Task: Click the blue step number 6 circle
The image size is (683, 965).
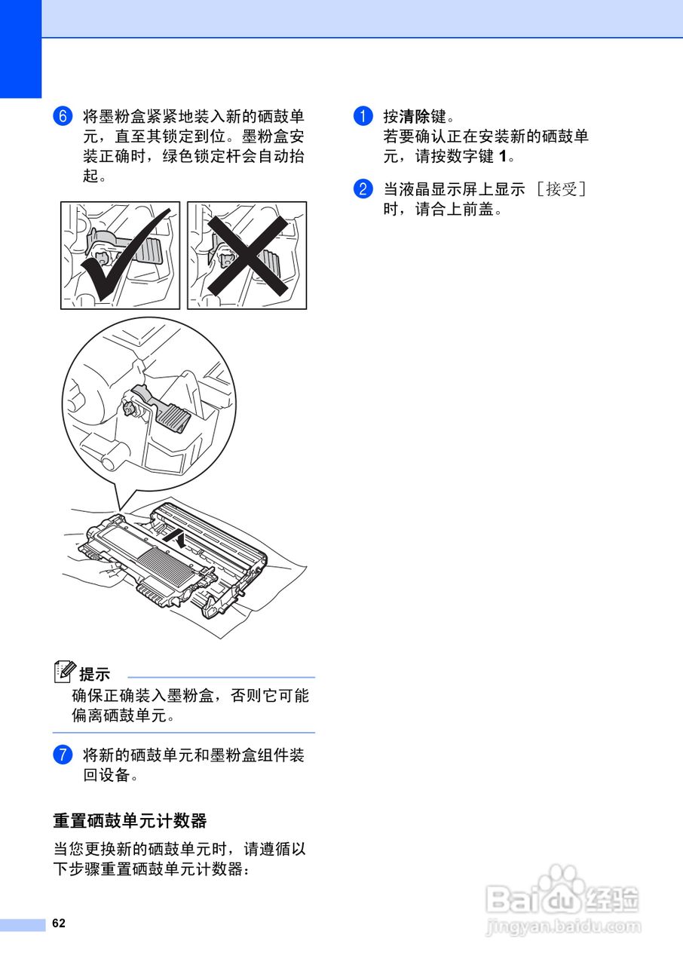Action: click(x=63, y=117)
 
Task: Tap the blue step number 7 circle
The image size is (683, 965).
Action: click(x=63, y=755)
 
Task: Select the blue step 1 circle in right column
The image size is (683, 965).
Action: click(x=363, y=117)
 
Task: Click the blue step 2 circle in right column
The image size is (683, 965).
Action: click(x=363, y=188)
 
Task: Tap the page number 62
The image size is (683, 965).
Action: click(x=59, y=924)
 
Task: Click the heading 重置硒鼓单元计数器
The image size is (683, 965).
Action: click(x=130, y=820)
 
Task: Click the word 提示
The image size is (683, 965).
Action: click(x=95, y=674)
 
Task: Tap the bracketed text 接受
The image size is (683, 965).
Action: click(x=561, y=189)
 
